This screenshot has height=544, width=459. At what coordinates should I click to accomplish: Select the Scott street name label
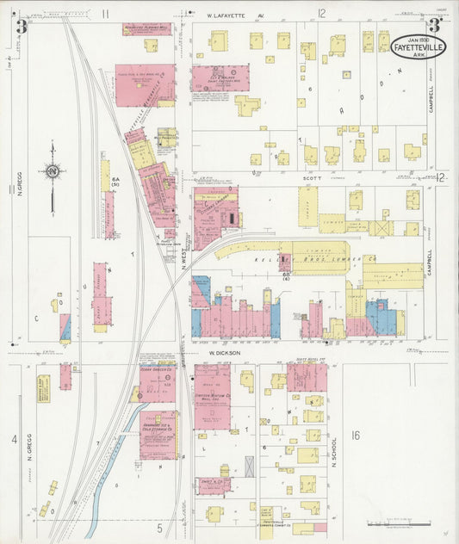pos(311,178)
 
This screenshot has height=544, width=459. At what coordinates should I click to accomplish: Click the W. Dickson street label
pos(221,353)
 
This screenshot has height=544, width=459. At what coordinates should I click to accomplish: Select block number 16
pos(355,436)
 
